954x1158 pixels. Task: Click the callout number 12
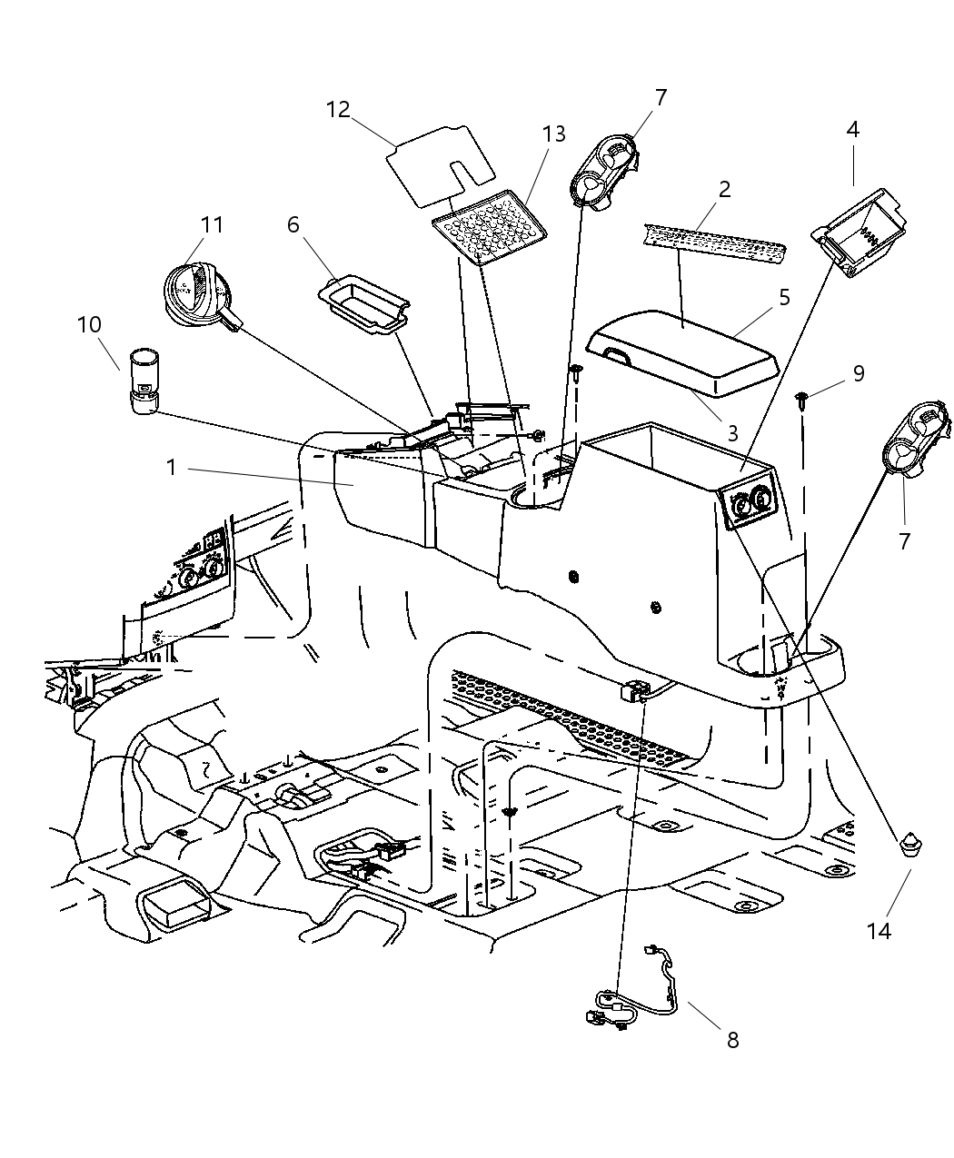[338, 110]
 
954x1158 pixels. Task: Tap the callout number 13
[554, 134]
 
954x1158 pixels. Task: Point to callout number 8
[732, 1041]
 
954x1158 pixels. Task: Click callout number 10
[89, 324]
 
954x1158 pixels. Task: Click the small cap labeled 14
[910, 846]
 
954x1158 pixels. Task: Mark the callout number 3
[733, 433]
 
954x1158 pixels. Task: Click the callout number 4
[852, 130]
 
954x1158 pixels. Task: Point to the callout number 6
[293, 223]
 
